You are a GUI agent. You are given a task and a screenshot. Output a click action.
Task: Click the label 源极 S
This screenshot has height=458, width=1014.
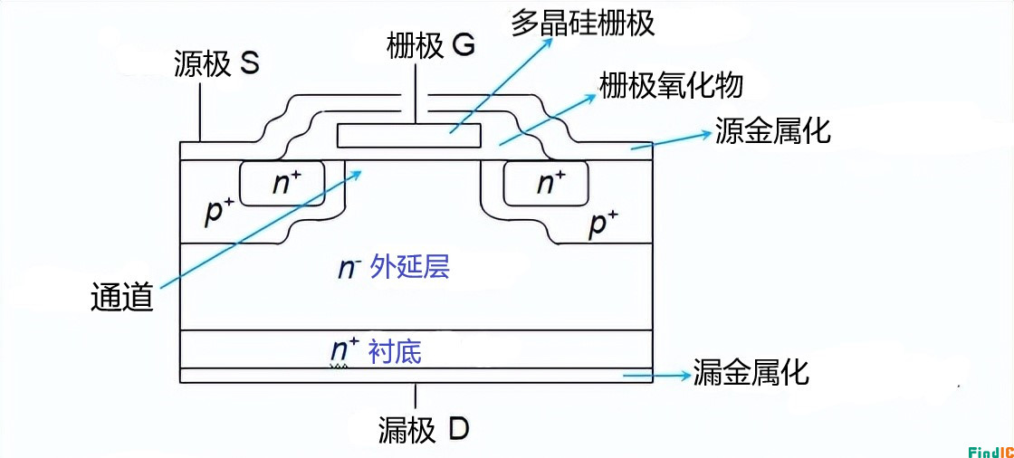coord(216,65)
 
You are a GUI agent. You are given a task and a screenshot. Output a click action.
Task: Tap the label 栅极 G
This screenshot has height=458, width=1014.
coord(430,47)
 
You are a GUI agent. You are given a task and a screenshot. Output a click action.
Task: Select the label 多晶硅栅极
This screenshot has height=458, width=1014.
coord(582,22)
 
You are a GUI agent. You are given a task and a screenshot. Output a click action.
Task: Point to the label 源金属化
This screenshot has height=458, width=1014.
coord(772,131)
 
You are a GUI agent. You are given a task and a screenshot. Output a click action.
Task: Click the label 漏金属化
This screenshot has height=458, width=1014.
coord(751,372)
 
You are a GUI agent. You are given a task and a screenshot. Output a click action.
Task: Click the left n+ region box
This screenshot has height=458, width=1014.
coord(285,184)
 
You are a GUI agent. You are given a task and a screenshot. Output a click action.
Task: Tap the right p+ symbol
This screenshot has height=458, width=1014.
coord(603,223)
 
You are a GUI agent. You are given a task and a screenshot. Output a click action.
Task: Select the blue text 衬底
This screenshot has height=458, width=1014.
coord(395,351)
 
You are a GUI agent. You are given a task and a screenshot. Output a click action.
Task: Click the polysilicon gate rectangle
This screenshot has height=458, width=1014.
coord(408,136)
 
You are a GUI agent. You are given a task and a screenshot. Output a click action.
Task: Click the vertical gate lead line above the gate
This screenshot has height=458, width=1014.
coord(416,107)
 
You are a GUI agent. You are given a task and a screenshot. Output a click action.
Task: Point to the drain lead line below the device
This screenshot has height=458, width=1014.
coord(416,396)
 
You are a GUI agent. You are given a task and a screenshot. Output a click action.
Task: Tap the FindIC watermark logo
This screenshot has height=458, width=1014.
coord(989,450)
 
